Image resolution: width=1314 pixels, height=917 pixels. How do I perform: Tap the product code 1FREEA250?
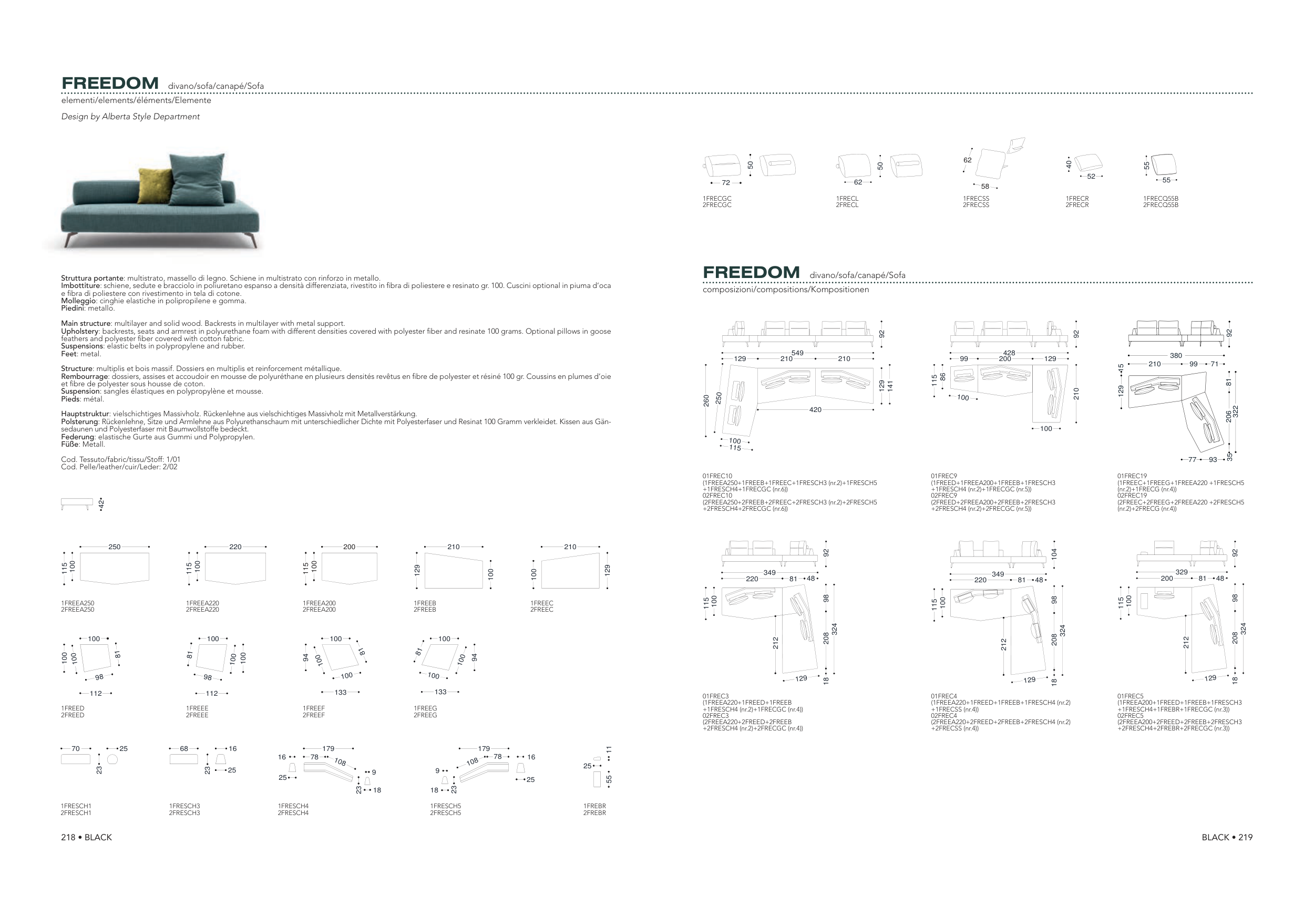coord(78,603)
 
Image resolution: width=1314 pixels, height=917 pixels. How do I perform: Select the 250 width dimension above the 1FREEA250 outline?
coord(115,547)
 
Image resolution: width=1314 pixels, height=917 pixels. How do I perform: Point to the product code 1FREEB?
coord(425,603)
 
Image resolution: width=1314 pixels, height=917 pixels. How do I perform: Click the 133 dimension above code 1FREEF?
coord(341,692)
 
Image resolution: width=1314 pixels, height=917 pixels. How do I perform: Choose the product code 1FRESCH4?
coord(293,806)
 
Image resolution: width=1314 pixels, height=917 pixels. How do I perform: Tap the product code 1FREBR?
coord(594,806)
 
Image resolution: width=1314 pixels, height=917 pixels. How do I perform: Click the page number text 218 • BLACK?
coord(86,837)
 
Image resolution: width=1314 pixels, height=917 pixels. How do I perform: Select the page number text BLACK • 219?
coord(1227,837)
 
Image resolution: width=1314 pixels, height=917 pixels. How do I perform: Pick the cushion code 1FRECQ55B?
coord(1161,199)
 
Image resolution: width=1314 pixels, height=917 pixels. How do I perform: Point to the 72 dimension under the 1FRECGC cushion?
coord(726,183)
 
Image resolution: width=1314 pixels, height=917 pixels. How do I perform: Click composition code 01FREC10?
coord(717,476)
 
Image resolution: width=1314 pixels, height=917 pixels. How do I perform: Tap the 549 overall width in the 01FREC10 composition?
coord(797,353)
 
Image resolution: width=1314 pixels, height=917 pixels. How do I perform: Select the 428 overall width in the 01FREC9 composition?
coord(1009,353)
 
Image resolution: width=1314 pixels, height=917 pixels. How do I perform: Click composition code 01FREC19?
coord(1132,476)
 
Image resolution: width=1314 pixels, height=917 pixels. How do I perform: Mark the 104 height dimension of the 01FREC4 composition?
coord(1054,553)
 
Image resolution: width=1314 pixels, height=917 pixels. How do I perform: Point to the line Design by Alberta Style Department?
coord(130,117)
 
